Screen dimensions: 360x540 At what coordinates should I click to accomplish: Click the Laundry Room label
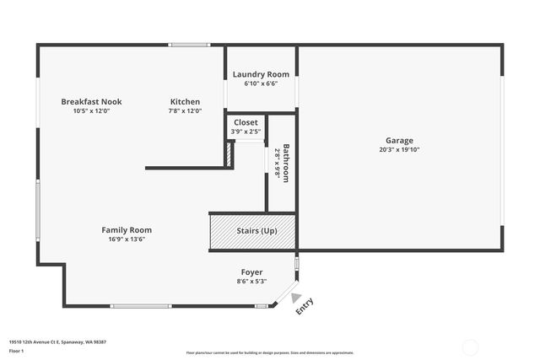(x=261, y=75)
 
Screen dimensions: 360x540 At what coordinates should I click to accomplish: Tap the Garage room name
(x=399, y=141)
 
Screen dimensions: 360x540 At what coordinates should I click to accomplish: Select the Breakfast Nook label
(x=91, y=102)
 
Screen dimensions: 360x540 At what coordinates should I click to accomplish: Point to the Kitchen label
(x=185, y=102)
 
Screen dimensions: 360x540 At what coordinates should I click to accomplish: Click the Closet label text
(x=246, y=122)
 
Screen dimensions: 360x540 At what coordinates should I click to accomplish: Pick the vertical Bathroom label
(x=287, y=163)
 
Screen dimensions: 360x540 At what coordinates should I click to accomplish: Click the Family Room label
(x=127, y=230)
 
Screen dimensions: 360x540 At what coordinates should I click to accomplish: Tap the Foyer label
(x=252, y=272)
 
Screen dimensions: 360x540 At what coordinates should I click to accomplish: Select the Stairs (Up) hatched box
(x=252, y=232)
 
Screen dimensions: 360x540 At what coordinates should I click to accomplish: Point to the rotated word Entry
(x=305, y=306)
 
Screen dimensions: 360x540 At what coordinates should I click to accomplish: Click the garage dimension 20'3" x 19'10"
(x=399, y=150)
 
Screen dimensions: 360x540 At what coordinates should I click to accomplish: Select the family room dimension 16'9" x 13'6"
(x=127, y=239)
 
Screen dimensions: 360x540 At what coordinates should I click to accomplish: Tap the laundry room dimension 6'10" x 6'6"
(x=261, y=83)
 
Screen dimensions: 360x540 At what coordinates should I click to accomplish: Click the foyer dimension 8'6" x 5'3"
(x=252, y=281)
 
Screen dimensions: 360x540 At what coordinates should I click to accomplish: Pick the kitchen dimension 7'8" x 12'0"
(x=185, y=110)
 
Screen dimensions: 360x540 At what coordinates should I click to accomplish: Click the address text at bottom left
(x=57, y=341)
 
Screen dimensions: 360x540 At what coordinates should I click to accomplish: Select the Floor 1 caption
(x=17, y=350)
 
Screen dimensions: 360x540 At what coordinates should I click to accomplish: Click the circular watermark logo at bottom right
(x=470, y=346)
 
